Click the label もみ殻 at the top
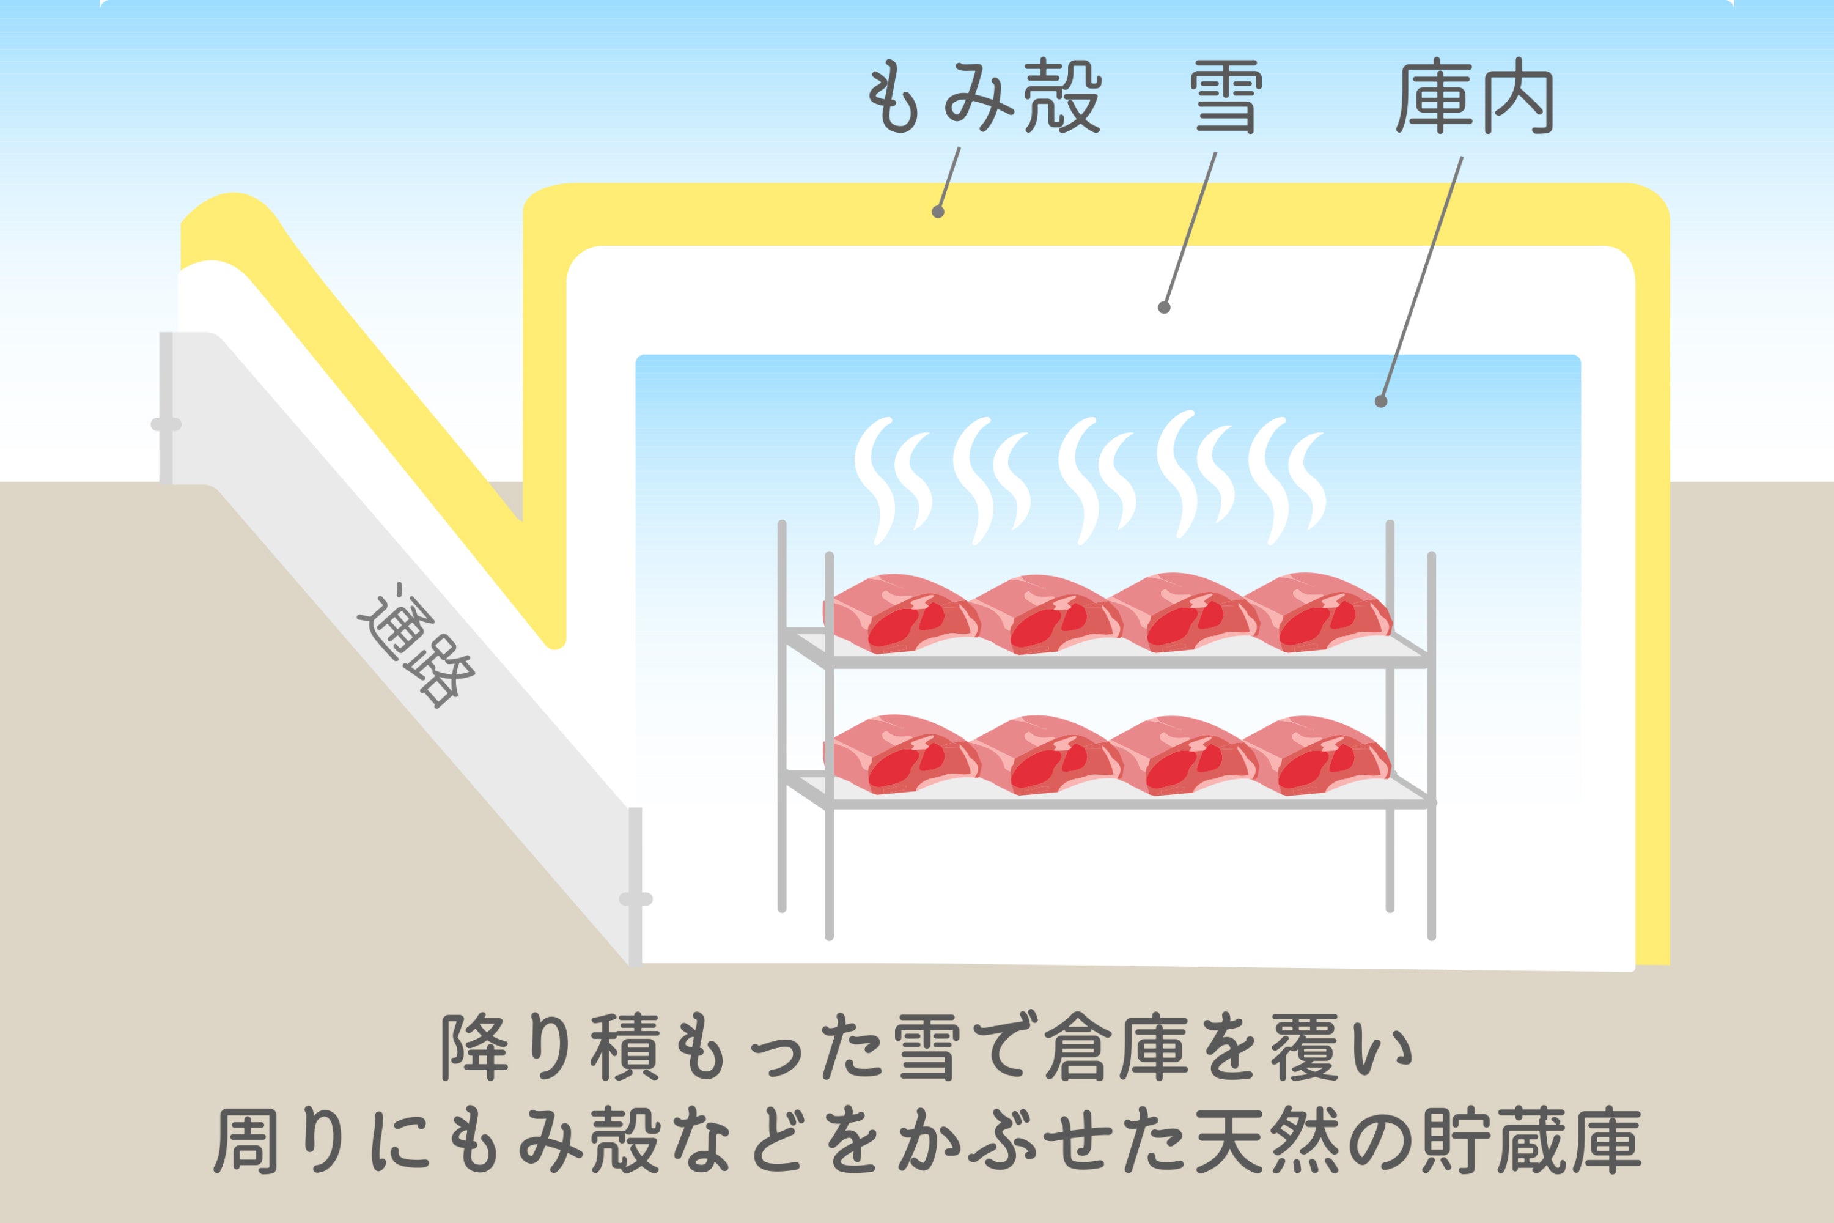pyautogui.click(x=984, y=99)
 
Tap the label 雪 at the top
pyautogui.click(x=1225, y=99)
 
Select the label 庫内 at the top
pyautogui.click(x=1475, y=99)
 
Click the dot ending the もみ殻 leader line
pyautogui.click(x=938, y=212)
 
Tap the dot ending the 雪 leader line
pyautogui.click(x=1164, y=308)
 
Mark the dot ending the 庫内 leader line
pyautogui.click(x=1381, y=402)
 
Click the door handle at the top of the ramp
pyautogui.click(x=166, y=425)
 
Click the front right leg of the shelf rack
pyautogui.click(x=1432, y=858)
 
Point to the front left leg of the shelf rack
pyautogui.click(x=829, y=858)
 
